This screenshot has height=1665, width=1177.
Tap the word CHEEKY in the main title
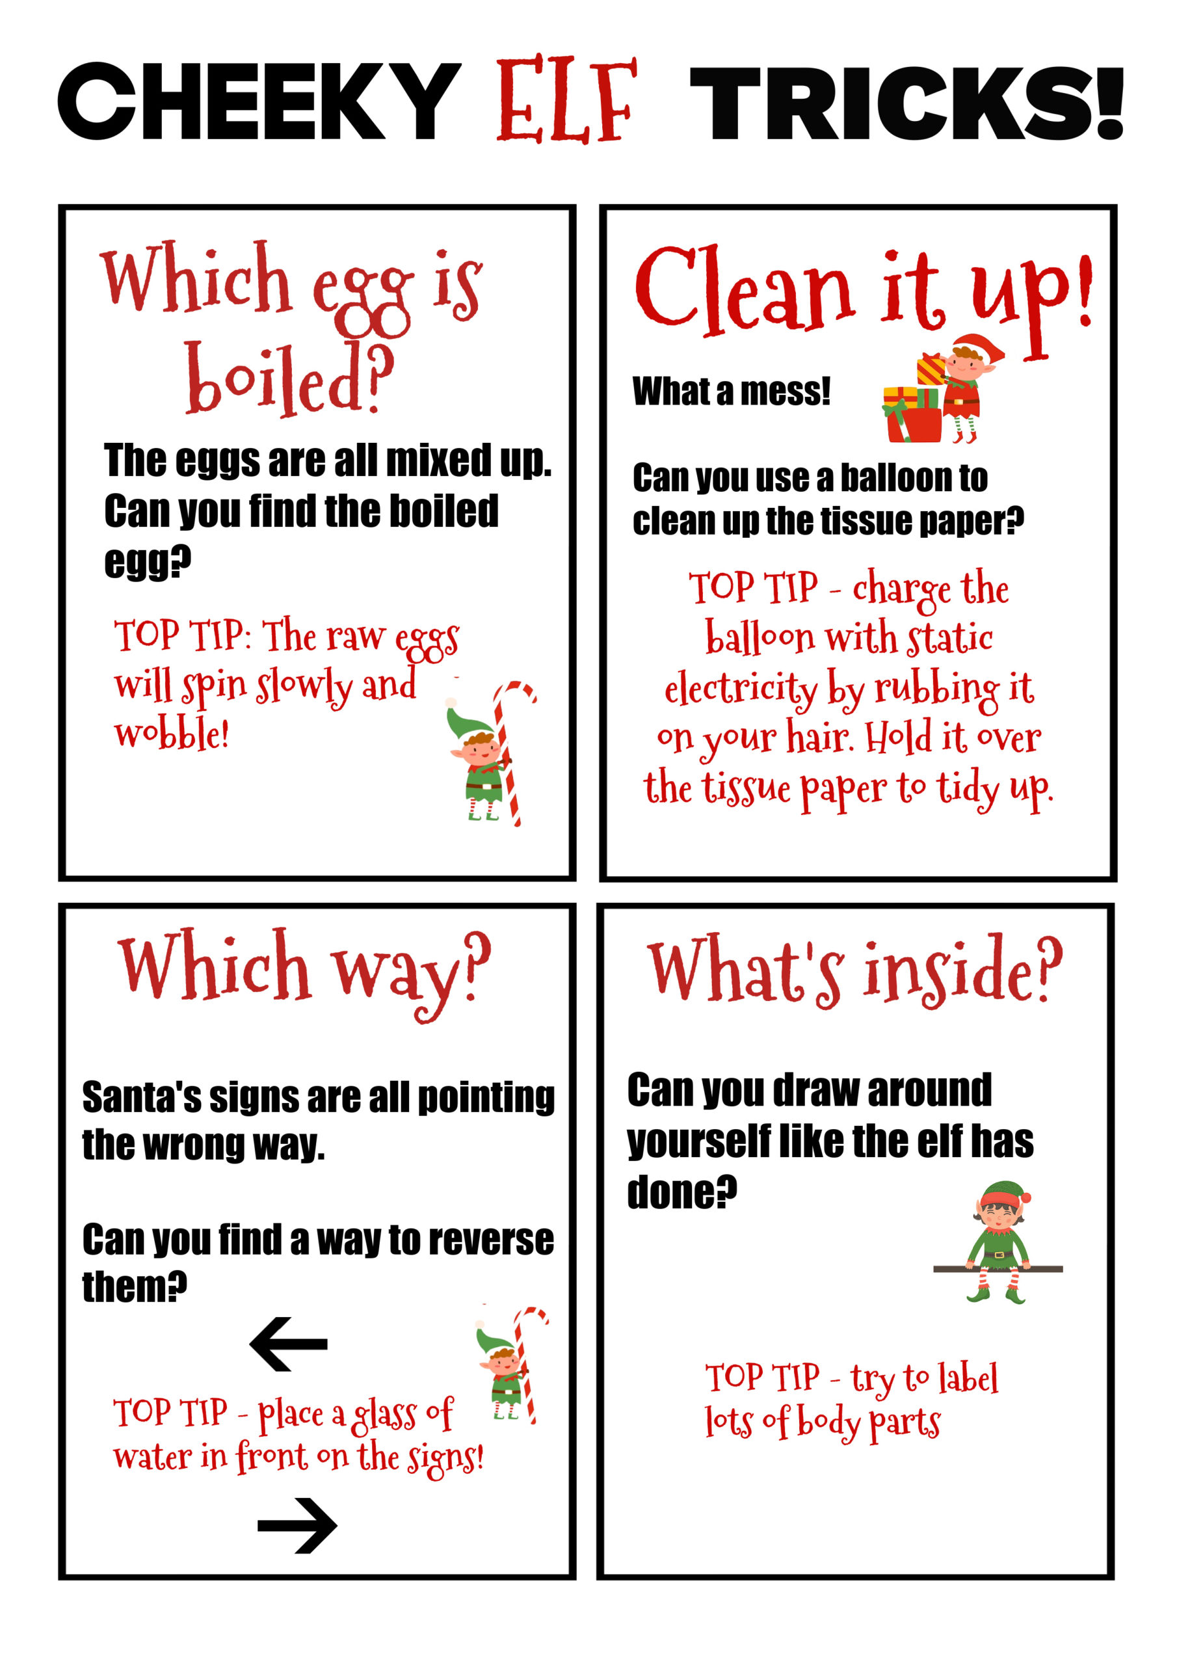pyautogui.click(x=259, y=101)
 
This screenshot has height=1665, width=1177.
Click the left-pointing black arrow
pyautogui.click(x=289, y=1344)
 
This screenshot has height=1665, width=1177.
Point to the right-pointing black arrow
pyautogui.click(x=297, y=1525)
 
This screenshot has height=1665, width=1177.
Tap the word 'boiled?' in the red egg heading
pyautogui.click(x=289, y=377)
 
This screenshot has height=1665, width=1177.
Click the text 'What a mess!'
pyautogui.click(x=731, y=392)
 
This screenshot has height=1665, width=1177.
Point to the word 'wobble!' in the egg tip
pyautogui.click(x=172, y=733)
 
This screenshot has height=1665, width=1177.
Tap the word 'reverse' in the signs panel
pyautogui.click(x=493, y=1240)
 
